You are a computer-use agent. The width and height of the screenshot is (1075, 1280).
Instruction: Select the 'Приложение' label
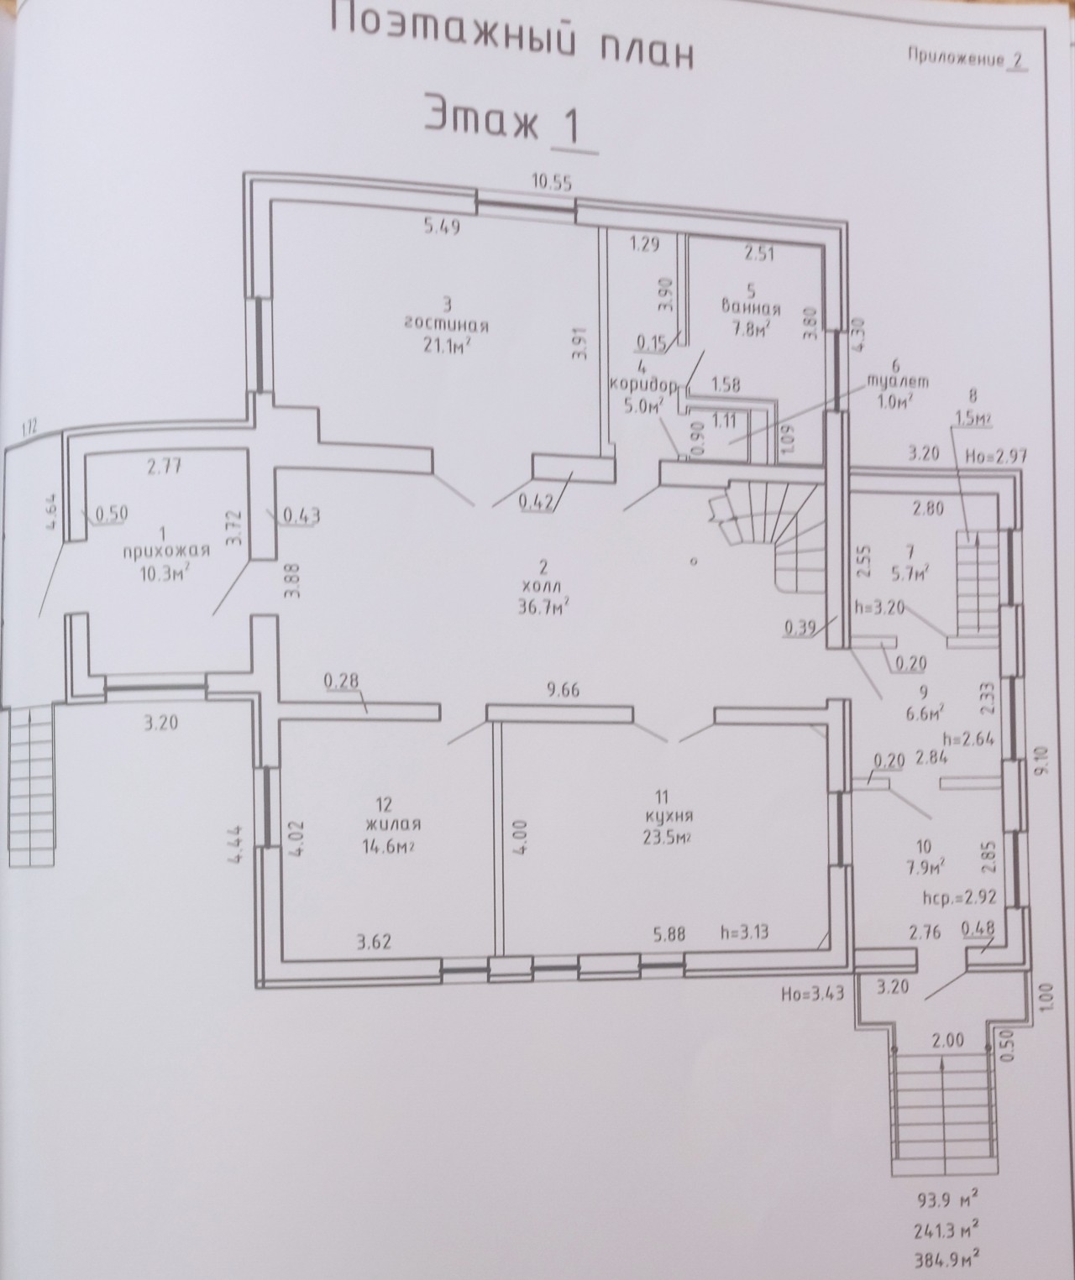coord(957,58)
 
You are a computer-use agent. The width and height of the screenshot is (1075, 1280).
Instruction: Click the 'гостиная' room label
coord(447,325)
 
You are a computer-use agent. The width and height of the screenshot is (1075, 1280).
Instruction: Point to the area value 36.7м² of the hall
coord(541,606)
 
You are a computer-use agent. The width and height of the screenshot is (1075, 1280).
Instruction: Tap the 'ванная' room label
coord(751,307)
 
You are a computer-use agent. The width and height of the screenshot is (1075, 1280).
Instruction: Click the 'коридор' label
coord(643,385)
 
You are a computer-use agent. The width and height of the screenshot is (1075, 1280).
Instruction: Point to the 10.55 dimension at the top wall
coord(553,183)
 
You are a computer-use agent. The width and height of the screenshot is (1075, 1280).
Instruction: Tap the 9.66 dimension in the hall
coord(562,691)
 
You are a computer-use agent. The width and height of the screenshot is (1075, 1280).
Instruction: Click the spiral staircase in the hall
coord(767,527)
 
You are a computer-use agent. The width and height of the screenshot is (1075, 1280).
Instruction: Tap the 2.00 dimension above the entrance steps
coord(948,1040)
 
